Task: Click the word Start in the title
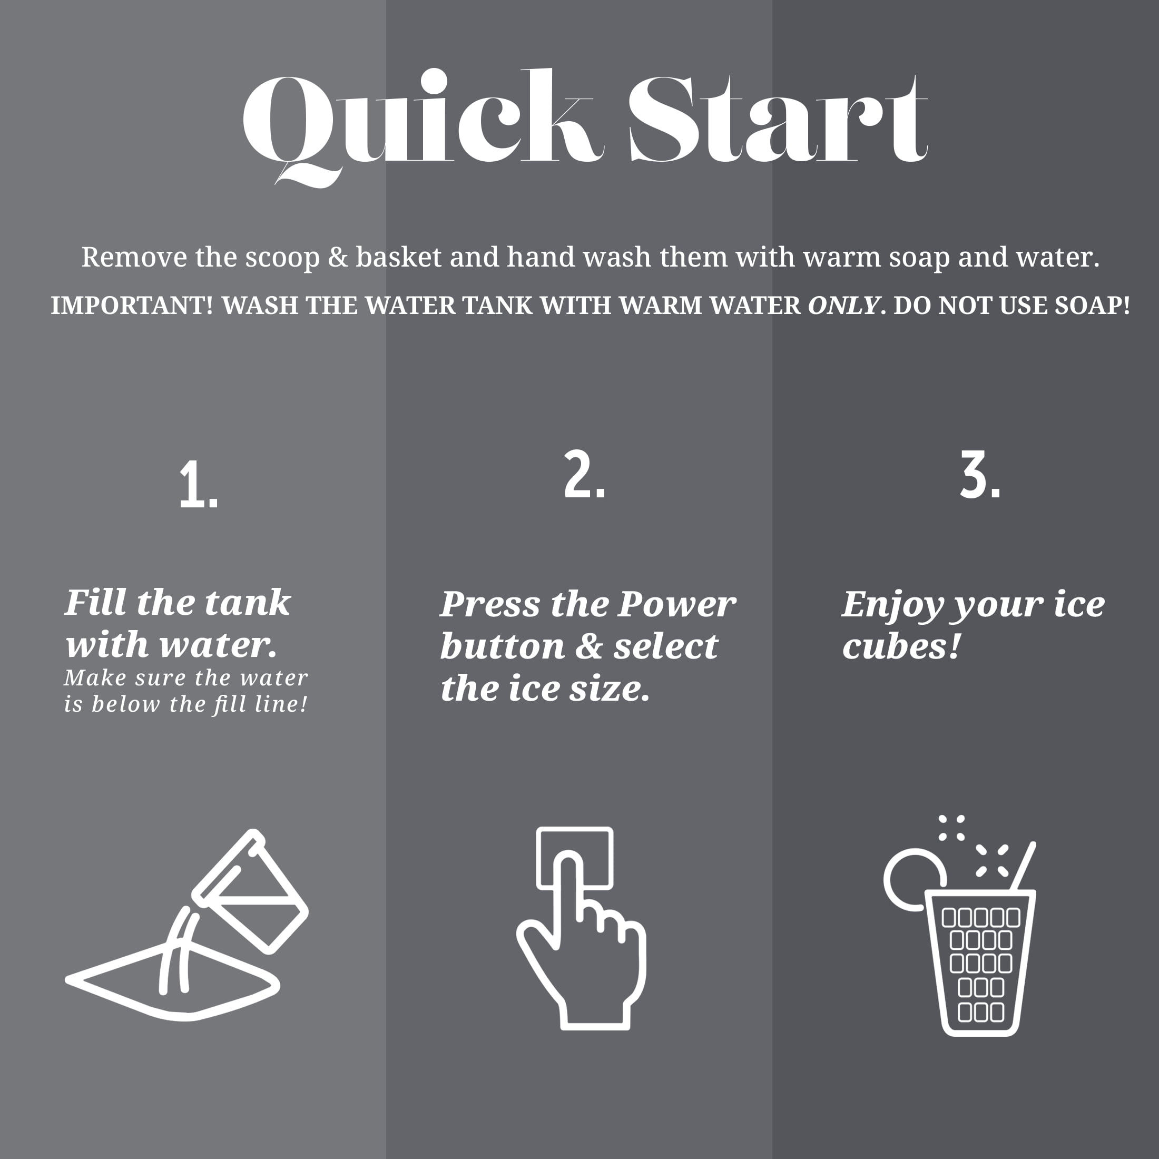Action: pos(778,119)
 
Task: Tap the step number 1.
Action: pos(199,485)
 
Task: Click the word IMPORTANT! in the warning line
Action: pos(131,306)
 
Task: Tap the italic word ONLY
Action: pos(843,306)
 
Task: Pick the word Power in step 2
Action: pos(676,604)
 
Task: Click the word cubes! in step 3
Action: pos(901,646)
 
